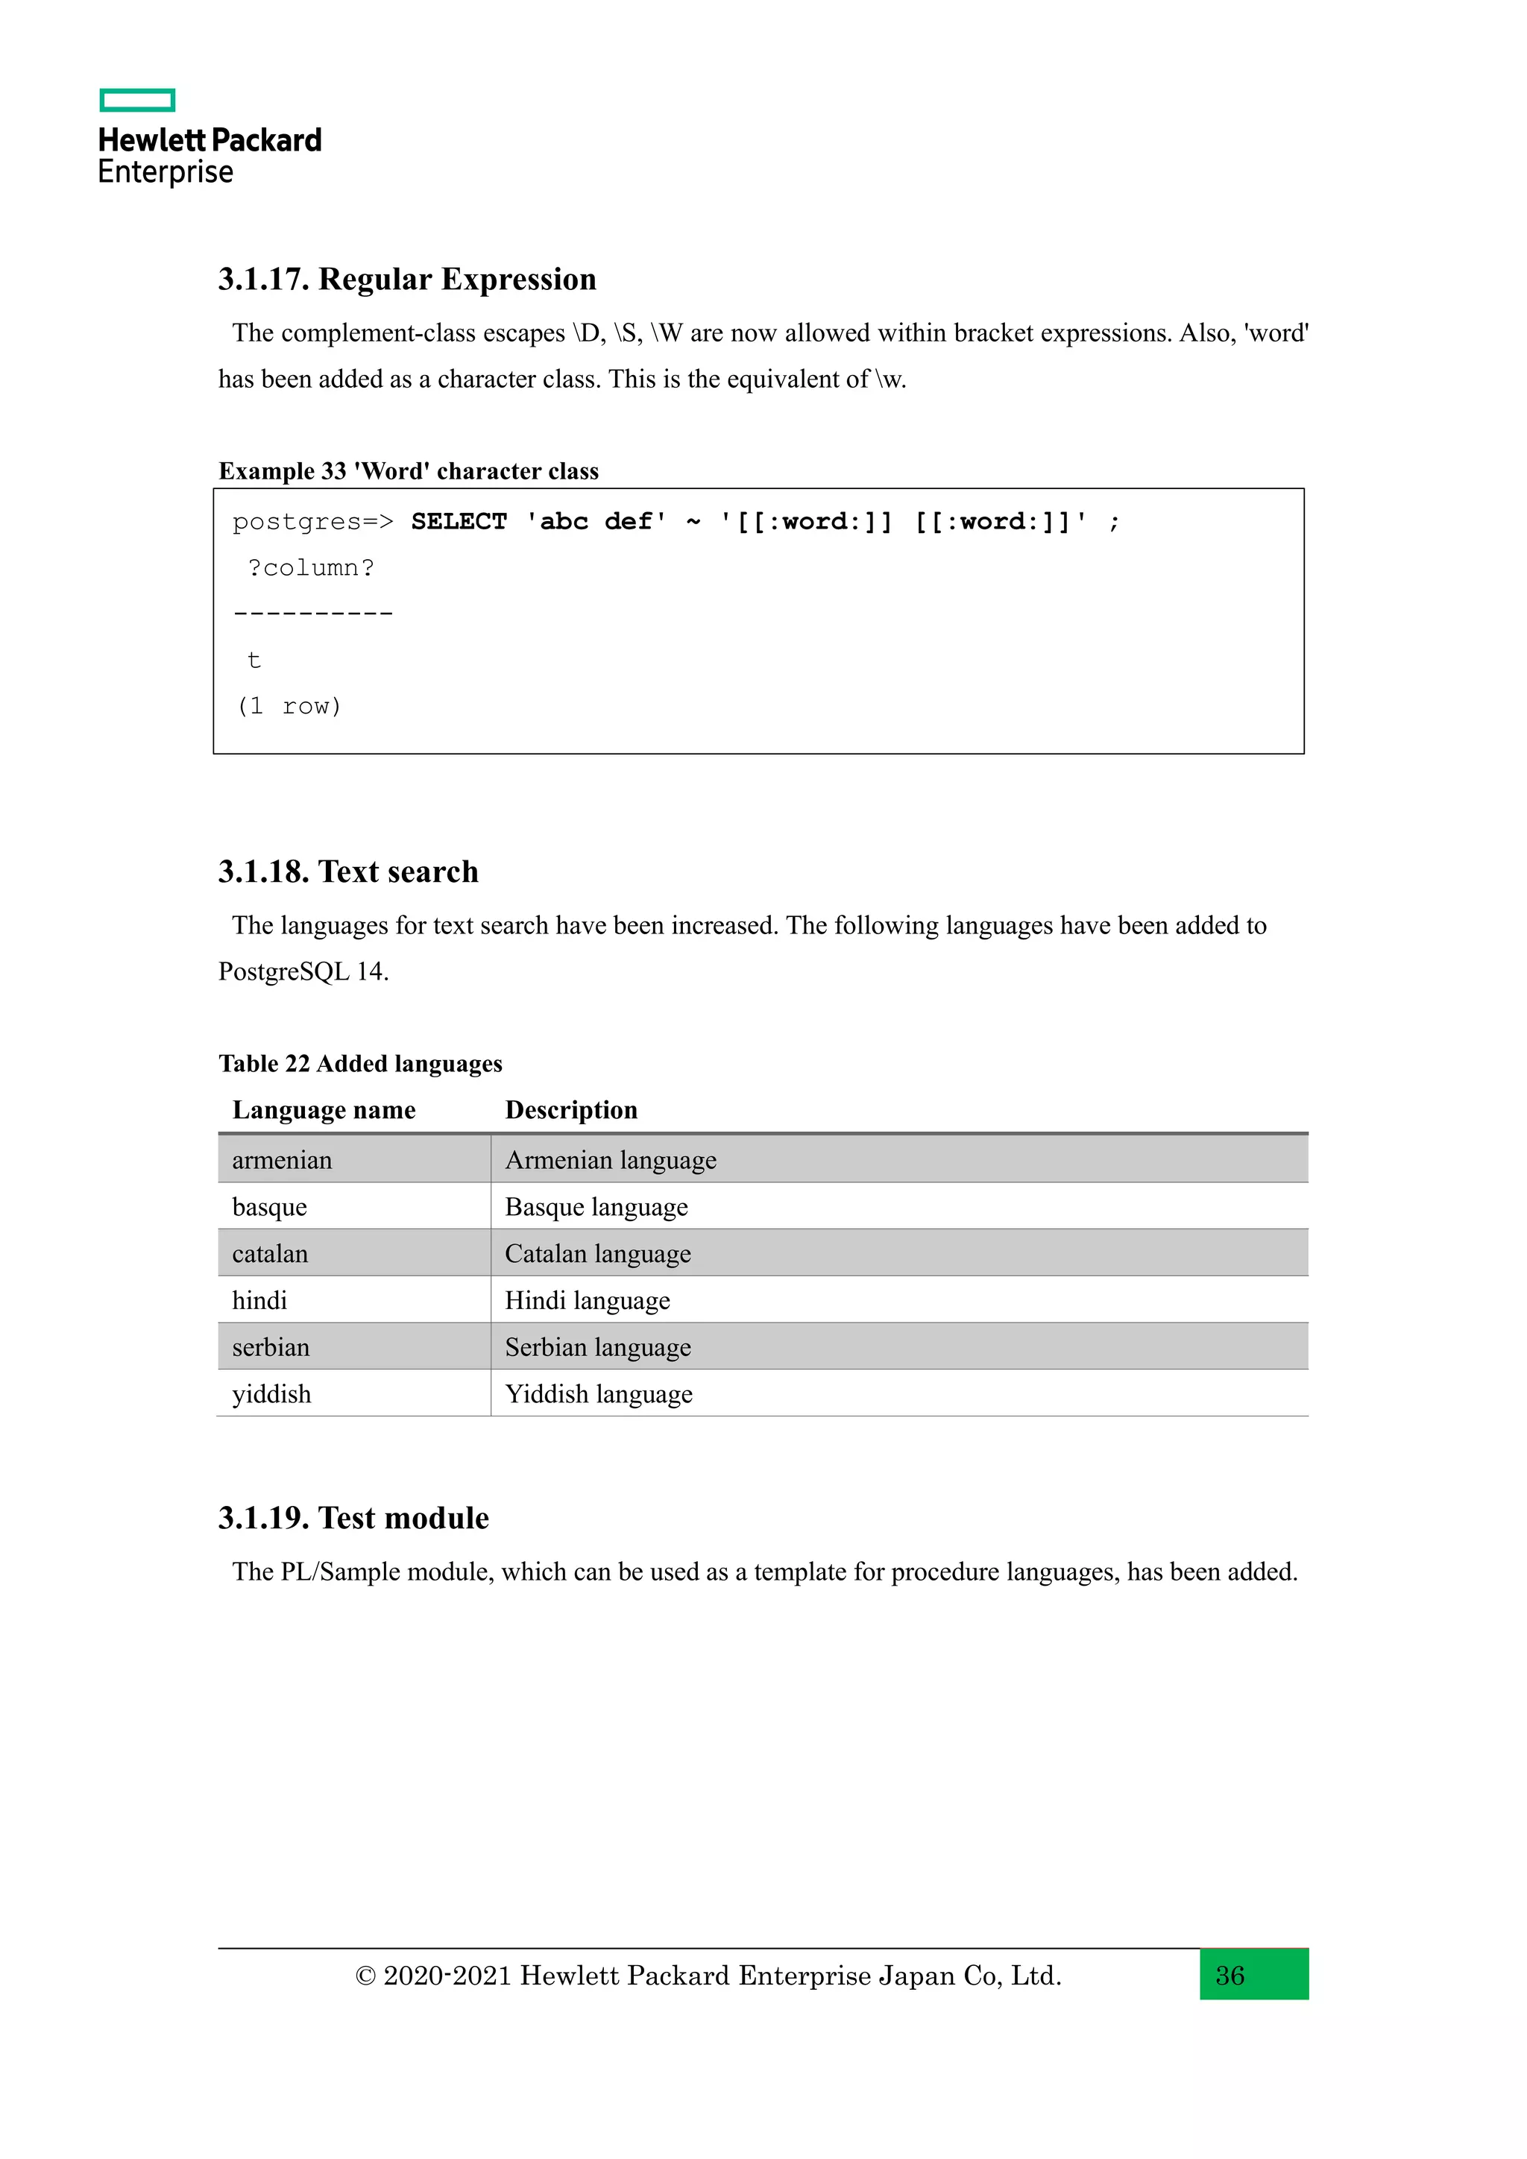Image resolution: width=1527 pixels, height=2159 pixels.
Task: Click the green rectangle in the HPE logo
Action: click(x=137, y=100)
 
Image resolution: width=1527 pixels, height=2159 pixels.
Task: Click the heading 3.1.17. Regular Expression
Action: click(x=407, y=280)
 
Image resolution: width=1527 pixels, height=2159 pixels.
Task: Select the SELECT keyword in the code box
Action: click(x=459, y=521)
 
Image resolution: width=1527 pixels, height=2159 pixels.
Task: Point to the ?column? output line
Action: click(x=310, y=568)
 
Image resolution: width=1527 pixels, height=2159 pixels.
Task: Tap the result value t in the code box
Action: click(x=254, y=660)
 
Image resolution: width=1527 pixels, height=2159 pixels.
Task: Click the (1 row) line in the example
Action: click(x=289, y=706)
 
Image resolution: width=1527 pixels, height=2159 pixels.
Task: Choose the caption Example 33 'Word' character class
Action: click(x=408, y=471)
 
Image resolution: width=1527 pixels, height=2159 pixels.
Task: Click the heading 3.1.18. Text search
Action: click(x=348, y=872)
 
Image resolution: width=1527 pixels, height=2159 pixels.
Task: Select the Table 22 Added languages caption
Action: click(x=360, y=1064)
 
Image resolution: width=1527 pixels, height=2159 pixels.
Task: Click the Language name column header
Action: click(x=324, y=1111)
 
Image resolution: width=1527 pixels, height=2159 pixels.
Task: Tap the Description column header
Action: click(x=570, y=1111)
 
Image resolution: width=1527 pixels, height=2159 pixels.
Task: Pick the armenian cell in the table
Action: click(x=282, y=1160)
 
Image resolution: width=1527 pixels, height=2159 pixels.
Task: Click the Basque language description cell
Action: click(x=596, y=1208)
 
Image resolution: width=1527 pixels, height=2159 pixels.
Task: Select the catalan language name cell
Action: click(x=270, y=1255)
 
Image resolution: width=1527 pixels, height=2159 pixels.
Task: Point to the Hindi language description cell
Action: click(x=587, y=1302)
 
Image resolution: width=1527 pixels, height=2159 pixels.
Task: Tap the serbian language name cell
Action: click(x=271, y=1347)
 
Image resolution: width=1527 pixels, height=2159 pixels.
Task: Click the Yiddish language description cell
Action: click(x=598, y=1395)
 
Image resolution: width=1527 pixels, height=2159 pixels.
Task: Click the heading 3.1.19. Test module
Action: click(x=353, y=1519)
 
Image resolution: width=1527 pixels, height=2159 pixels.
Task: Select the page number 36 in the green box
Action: click(x=1230, y=1976)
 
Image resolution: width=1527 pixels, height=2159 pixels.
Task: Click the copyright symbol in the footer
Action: click(x=365, y=1976)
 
